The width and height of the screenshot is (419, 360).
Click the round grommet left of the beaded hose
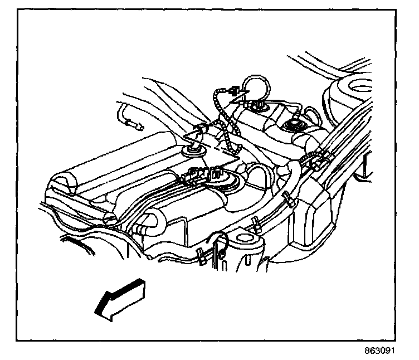point(194,150)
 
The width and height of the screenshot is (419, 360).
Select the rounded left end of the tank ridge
point(61,184)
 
